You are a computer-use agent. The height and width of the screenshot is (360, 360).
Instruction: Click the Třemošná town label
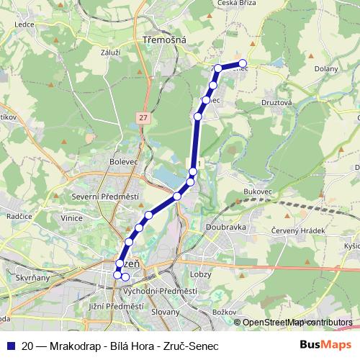165,40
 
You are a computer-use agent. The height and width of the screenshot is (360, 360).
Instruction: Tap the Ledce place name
24,42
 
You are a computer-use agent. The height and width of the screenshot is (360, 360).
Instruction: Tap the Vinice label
72,217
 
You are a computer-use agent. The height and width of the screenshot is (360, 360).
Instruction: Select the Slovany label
166,312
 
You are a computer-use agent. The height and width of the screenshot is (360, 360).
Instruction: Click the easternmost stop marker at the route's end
243,63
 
